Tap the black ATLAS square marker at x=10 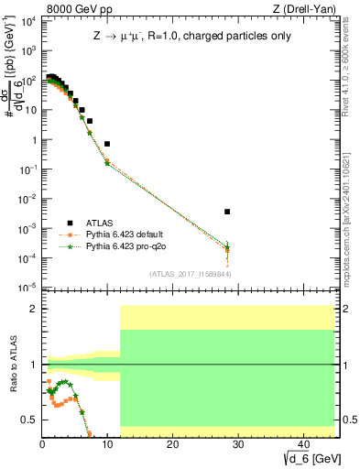coord(107,144)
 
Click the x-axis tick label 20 coord(172,444)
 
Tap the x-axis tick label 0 coord(43,444)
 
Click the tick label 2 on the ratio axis coord(34,309)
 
